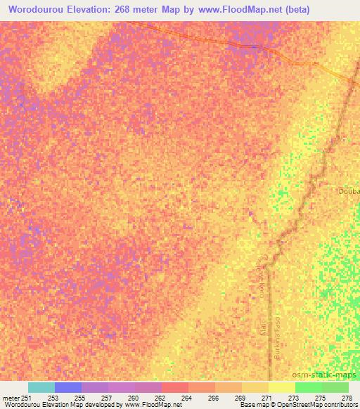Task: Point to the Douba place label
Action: coord(349,191)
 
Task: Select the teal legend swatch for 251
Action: coord(41,387)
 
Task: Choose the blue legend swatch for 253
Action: coord(68,387)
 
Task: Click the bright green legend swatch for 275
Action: coord(309,387)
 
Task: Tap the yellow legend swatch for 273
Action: coord(282,387)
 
